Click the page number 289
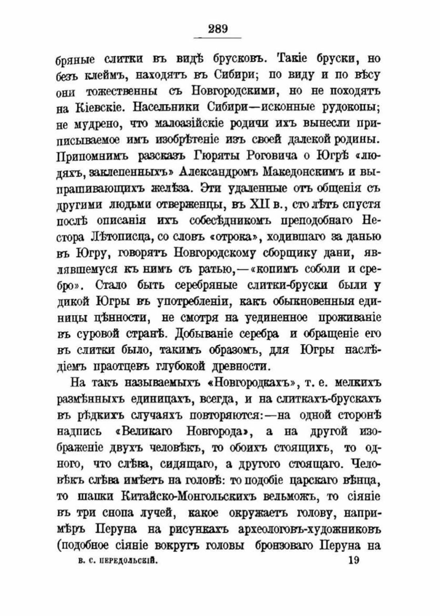click(x=218, y=29)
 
